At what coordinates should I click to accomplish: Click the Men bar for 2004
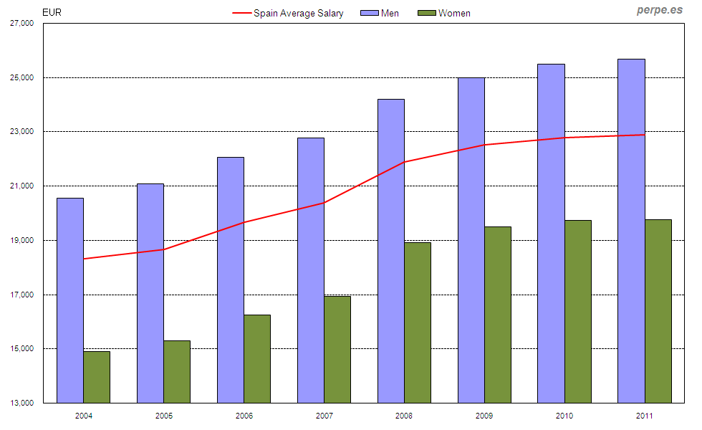[70, 300]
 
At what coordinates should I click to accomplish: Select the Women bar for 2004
[97, 377]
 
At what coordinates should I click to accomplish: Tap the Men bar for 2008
[391, 251]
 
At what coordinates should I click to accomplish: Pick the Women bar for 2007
[337, 350]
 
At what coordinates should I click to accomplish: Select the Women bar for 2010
[578, 312]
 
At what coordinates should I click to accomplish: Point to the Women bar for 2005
[177, 372]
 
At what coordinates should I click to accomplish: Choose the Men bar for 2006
[231, 280]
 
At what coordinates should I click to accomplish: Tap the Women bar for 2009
[498, 315]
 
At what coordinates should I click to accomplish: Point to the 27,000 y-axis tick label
[22, 24]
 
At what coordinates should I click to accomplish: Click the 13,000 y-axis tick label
[22, 403]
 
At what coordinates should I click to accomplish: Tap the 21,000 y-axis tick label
[22, 186]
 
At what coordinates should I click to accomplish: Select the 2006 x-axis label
[244, 416]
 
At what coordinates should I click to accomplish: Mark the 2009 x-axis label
[485, 416]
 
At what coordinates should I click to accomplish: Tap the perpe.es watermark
[659, 11]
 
